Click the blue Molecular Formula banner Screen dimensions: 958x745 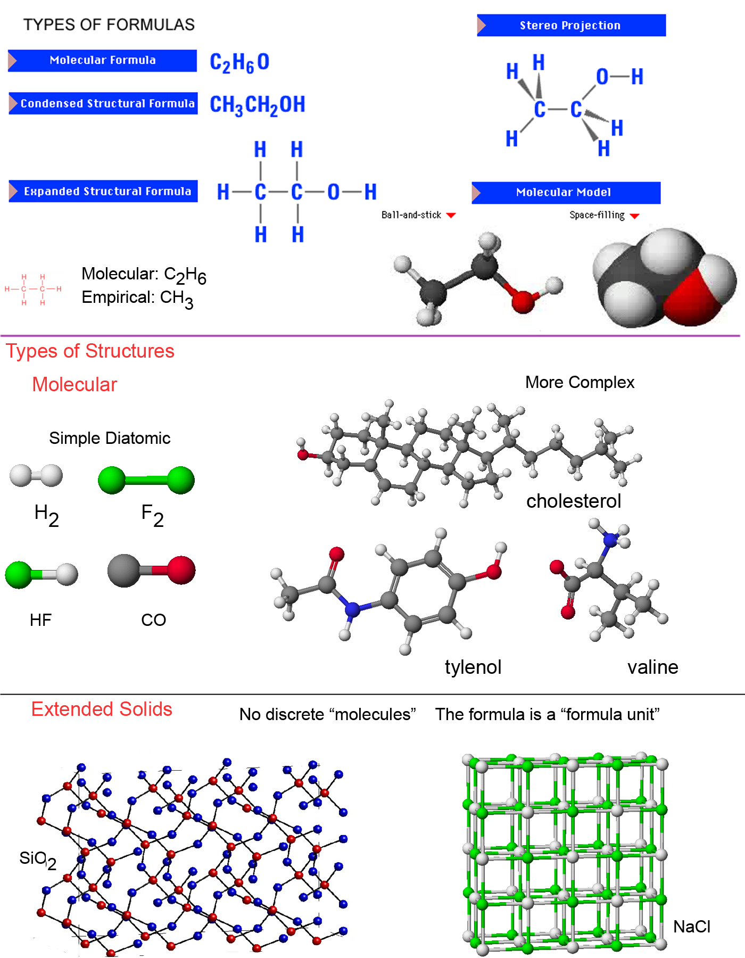tap(102, 60)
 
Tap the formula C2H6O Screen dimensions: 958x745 tap(239, 62)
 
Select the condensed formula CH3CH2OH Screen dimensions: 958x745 tap(257, 105)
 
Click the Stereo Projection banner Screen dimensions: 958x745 tap(570, 26)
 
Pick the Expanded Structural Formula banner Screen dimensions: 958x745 tap(103, 191)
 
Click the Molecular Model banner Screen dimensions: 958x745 tap(565, 192)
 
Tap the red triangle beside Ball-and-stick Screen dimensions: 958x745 tap(451, 216)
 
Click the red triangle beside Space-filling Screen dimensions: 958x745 tap(634, 216)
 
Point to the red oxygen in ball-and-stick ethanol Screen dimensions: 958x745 tap(522, 301)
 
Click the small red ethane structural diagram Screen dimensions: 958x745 tap(33, 289)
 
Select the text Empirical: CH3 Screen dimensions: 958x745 tap(137, 298)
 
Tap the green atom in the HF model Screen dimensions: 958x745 tap(19, 575)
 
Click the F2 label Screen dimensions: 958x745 tap(152, 515)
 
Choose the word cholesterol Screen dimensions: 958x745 tap(573, 501)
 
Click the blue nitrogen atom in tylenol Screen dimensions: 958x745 tap(352, 609)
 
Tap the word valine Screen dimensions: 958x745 tap(652, 667)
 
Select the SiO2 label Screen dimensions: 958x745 tap(37, 858)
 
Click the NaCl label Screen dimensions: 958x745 tap(691, 927)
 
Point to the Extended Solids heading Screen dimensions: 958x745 tap(102, 709)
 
